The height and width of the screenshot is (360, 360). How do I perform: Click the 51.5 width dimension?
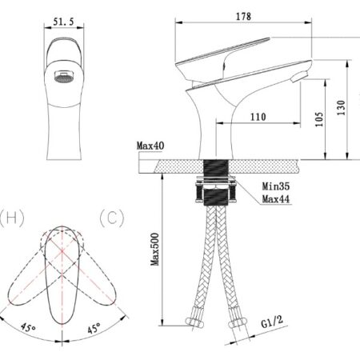click(63, 22)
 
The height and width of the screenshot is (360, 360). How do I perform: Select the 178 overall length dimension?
click(243, 17)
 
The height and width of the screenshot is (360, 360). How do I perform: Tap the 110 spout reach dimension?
click(258, 117)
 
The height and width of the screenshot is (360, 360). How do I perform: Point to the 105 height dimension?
click(319, 119)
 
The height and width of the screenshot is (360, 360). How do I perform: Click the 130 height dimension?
click(341, 108)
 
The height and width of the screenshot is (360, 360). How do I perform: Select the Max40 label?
click(150, 146)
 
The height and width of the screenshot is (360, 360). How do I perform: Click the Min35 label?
click(276, 186)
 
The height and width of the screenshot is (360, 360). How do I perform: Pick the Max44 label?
click(276, 199)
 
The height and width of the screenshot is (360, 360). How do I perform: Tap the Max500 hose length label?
click(154, 250)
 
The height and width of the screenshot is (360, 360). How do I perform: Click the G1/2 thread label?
click(272, 322)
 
